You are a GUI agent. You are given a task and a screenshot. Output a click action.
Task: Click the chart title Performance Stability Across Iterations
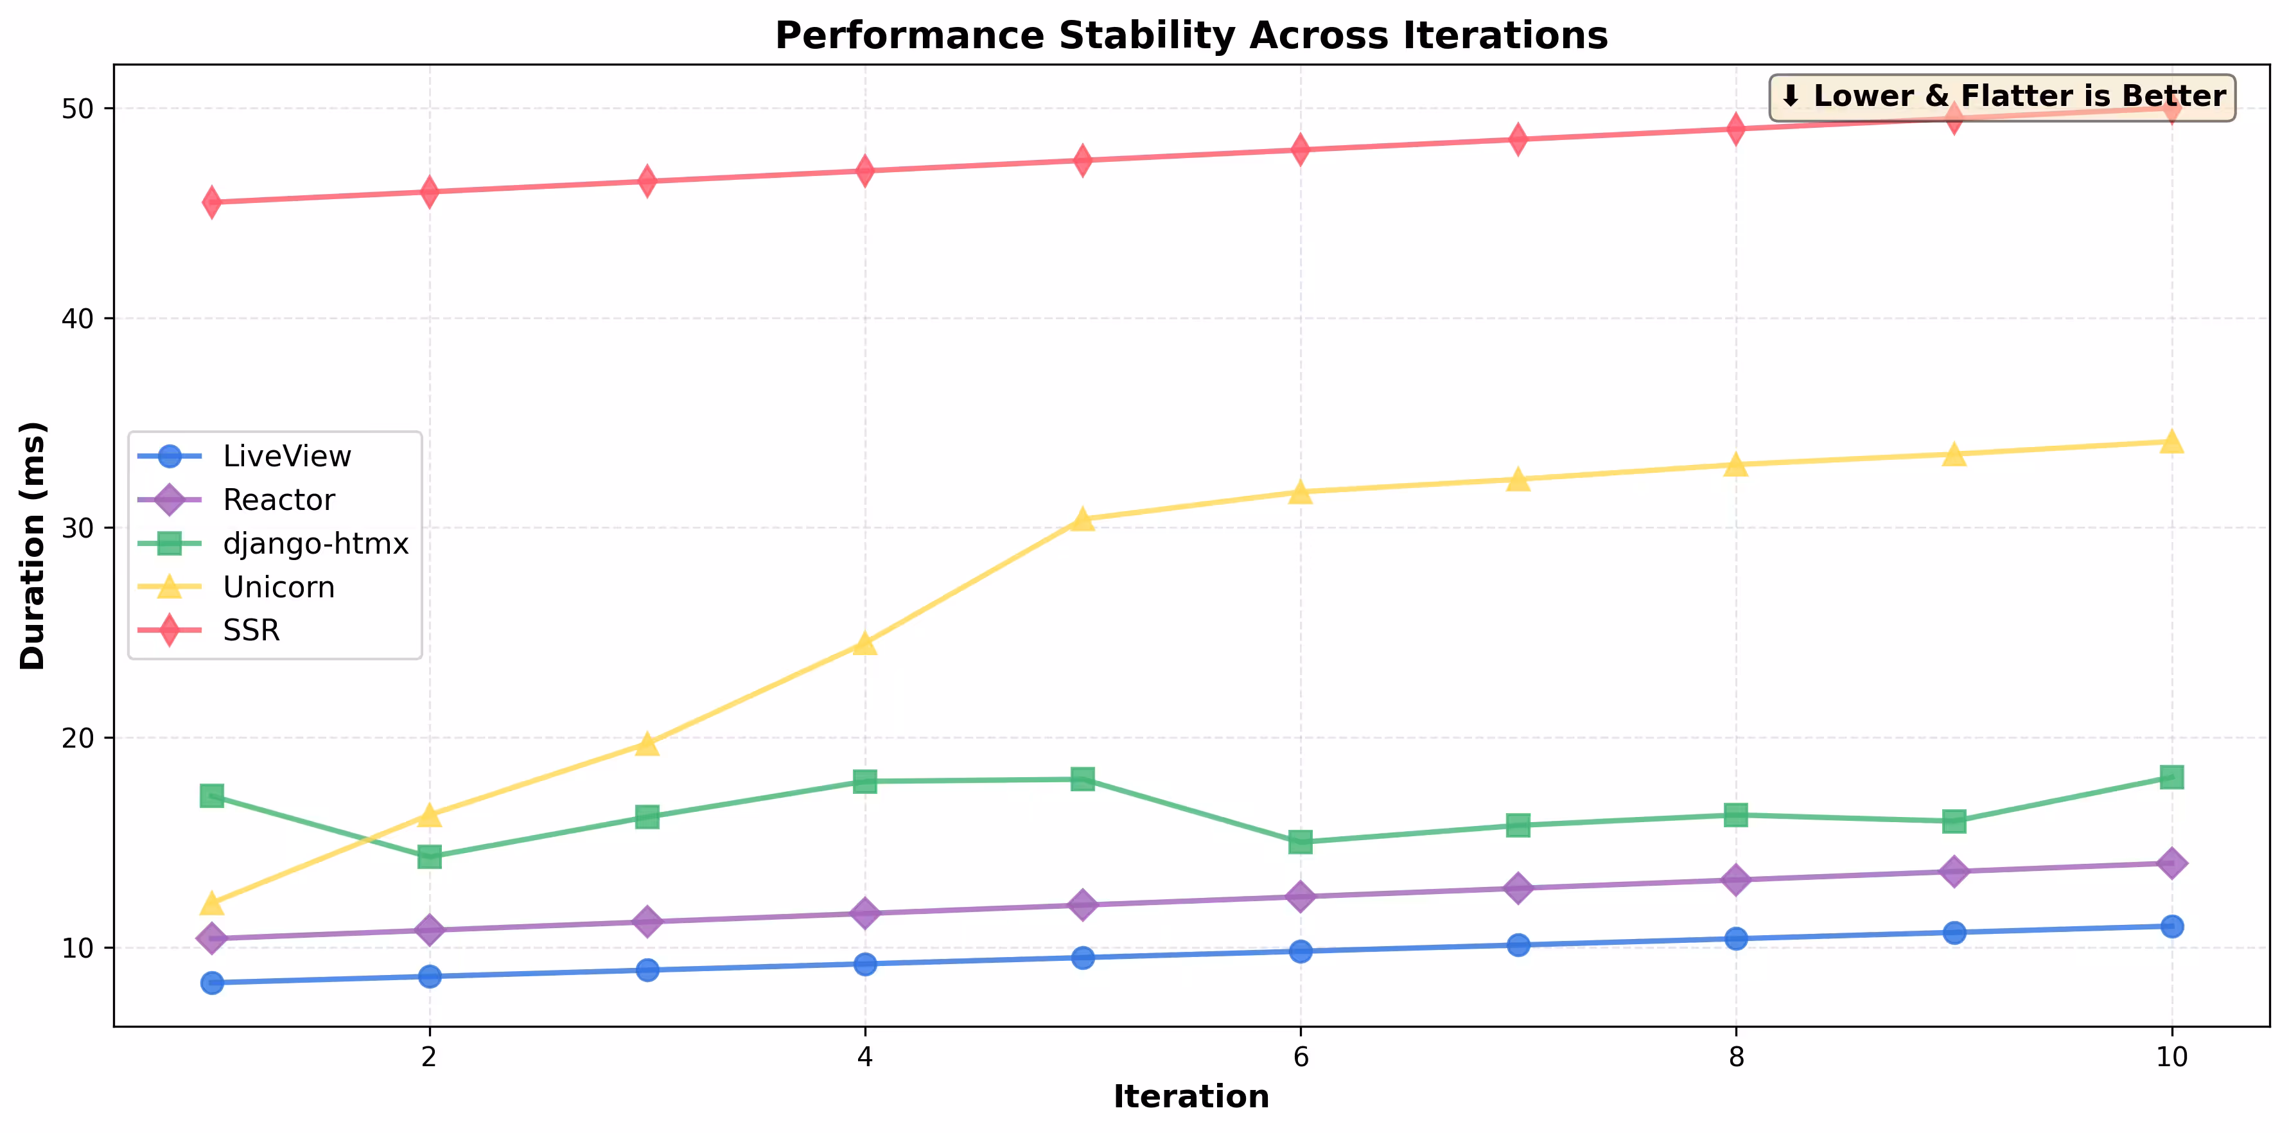click(x=1191, y=35)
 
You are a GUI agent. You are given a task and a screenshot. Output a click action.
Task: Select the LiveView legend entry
click(x=286, y=456)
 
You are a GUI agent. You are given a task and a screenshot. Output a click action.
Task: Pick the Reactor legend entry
click(x=278, y=500)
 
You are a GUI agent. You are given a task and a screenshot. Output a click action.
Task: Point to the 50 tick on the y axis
click(x=78, y=109)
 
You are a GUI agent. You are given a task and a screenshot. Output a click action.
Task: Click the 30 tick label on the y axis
click(x=78, y=528)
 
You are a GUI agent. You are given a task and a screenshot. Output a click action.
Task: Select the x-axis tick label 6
click(x=1300, y=1057)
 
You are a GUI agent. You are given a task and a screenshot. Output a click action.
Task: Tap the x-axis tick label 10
click(x=2171, y=1057)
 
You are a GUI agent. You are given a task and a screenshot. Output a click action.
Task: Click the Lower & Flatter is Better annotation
click(x=2002, y=97)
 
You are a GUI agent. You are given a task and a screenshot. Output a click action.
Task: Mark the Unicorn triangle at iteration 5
click(x=1082, y=520)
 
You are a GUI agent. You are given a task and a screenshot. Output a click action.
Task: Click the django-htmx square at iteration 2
click(x=429, y=857)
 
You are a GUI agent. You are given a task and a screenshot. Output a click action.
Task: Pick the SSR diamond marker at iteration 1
click(x=211, y=202)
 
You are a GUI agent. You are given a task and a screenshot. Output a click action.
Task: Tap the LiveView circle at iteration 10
click(x=2171, y=926)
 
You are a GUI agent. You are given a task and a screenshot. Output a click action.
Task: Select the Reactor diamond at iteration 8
click(x=1735, y=880)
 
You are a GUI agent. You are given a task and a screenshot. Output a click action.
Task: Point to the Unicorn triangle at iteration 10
click(x=2171, y=442)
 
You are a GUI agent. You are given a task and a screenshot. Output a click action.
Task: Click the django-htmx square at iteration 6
click(x=1300, y=841)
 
